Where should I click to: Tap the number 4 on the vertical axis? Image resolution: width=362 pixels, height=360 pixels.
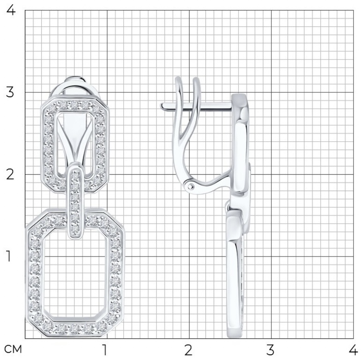coord(10,10)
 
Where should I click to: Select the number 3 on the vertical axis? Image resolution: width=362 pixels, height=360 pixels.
coord(10,92)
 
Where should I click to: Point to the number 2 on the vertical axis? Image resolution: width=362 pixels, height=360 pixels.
coord(10,175)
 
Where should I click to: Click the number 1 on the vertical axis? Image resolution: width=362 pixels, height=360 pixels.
coord(8,256)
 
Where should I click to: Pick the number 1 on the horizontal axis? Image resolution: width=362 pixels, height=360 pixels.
coord(105,350)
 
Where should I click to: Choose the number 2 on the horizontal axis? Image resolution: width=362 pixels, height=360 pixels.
coord(189,350)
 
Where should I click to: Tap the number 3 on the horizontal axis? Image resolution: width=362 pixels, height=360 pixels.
coord(270,350)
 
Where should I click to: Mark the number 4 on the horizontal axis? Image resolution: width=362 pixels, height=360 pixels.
coord(353,350)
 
